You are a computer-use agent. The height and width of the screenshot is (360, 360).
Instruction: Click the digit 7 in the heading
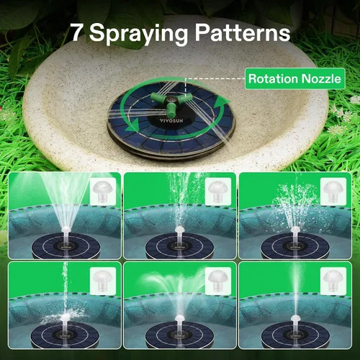click(77, 32)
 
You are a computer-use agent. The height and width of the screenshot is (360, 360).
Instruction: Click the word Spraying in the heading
click(138, 35)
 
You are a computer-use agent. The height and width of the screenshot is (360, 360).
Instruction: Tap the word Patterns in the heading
click(243, 32)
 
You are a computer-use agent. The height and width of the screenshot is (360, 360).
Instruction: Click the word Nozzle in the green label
click(321, 78)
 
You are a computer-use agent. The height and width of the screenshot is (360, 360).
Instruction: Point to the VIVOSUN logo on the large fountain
click(171, 120)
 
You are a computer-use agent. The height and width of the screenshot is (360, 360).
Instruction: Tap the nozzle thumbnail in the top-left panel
click(103, 192)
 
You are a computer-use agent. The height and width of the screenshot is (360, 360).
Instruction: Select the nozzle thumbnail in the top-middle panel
click(218, 192)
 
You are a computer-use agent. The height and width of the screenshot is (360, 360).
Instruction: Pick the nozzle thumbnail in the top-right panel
click(333, 192)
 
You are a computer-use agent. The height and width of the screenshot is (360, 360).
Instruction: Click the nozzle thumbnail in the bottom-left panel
click(103, 281)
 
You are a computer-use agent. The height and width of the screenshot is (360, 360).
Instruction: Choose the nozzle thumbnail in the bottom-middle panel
click(218, 281)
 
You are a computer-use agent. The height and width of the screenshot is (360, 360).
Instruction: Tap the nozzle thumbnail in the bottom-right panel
click(333, 281)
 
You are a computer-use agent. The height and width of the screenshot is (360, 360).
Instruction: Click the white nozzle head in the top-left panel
click(66, 230)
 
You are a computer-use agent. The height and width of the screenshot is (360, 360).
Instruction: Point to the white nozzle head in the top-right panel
click(295, 230)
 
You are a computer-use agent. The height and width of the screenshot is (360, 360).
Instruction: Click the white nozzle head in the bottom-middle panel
click(179, 318)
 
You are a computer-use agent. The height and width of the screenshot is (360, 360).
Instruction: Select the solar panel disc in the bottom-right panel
click(295, 335)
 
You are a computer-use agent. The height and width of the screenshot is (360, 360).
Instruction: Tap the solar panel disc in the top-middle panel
click(179, 246)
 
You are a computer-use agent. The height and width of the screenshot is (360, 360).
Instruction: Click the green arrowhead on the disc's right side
click(221, 103)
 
